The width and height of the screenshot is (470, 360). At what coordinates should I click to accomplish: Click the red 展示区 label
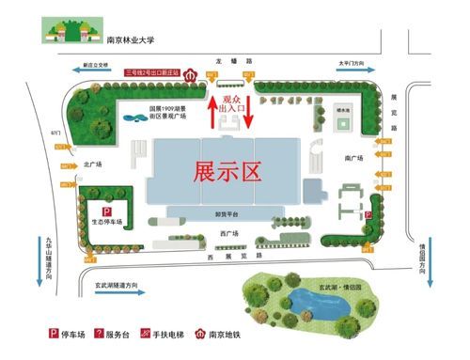[227, 171]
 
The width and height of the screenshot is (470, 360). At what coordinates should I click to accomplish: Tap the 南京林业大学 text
[130, 40]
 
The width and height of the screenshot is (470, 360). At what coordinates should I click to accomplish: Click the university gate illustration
[70, 31]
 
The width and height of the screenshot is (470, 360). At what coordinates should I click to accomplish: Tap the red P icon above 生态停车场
[107, 211]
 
